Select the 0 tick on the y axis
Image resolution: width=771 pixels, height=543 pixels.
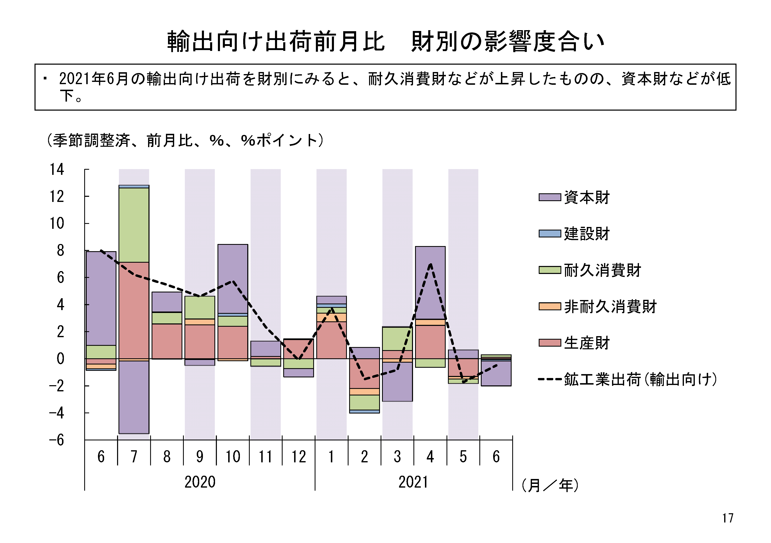pos(60,359)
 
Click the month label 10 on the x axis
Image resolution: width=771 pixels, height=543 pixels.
pos(233,457)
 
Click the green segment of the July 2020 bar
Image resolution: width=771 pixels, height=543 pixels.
pos(134,225)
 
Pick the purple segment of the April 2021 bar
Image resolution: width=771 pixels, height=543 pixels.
pos(430,283)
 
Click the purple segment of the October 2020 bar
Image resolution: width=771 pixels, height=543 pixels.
pos(233,278)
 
